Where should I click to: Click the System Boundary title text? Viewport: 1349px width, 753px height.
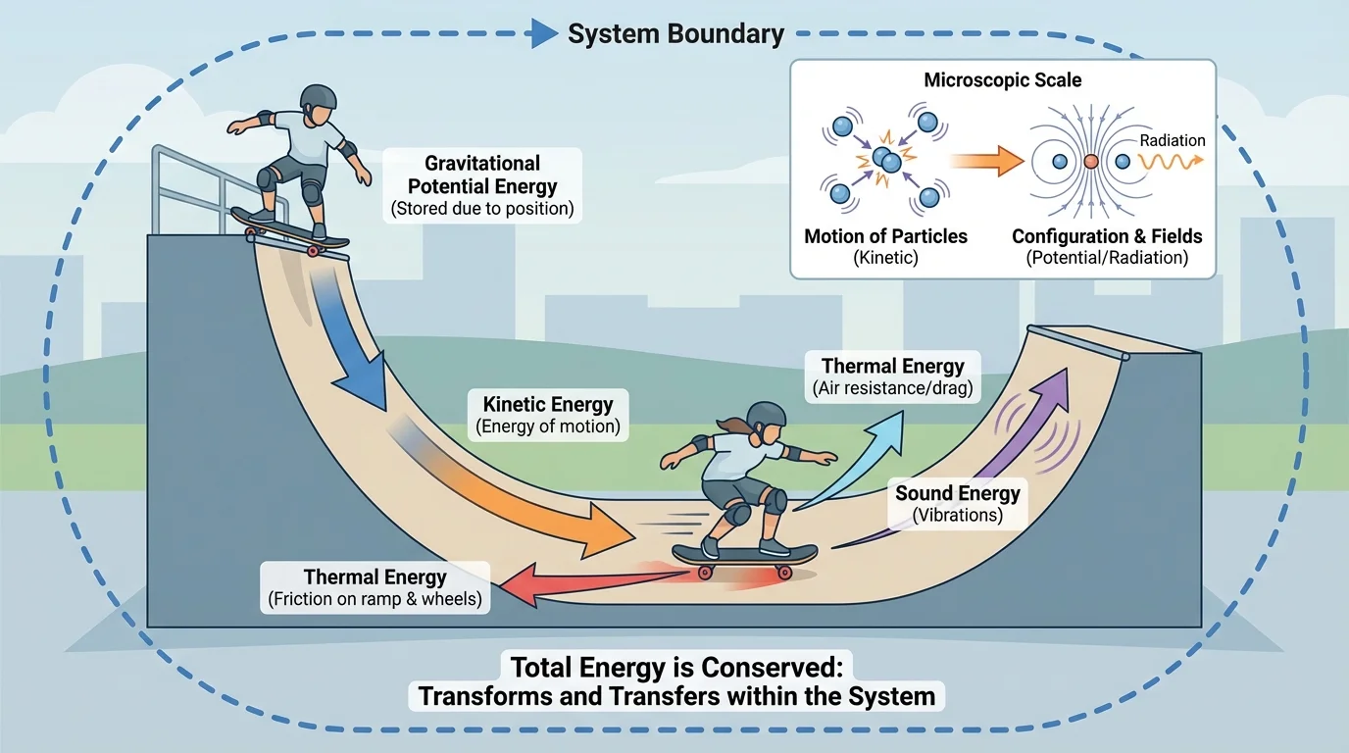(x=675, y=34)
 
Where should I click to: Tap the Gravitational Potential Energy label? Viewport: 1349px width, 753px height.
(x=482, y=185)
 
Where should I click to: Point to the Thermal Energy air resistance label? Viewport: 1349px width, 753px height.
(x=892, y=376)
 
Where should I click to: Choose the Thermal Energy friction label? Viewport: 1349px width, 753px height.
(x=375, y=586)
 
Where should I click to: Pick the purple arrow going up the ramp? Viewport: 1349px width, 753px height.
(x=1020, y=431)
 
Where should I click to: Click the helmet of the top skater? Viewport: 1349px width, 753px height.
(x=319, y=97)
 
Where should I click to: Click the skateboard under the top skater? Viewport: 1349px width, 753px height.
(x=290, y=229)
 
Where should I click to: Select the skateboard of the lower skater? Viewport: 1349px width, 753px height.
(x=745, y=556)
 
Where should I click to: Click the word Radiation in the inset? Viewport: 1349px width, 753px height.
(x=1172, y=140)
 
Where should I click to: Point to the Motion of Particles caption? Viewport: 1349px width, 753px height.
(x=885, y=236)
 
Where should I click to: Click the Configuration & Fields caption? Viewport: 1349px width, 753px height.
(x=1107, y=236)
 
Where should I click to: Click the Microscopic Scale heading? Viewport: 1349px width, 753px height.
(x=1003, y=80)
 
